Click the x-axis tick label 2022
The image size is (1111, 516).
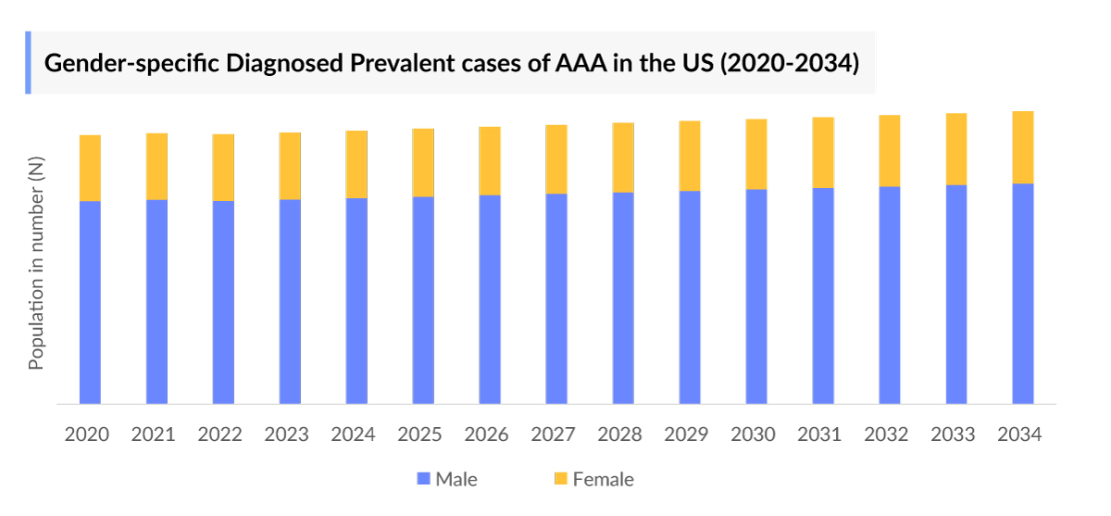[x=220, y=434]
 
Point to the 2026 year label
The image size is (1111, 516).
[x=487, y=434]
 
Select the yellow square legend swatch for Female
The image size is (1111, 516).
[x=560, y=480]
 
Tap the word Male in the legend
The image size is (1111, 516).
[x=456, y=480]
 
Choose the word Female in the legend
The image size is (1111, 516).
[x=603, y=480]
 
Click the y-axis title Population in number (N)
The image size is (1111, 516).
[x=36, y=264]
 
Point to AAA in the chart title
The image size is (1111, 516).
[x=581, y=64]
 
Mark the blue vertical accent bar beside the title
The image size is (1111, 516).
[x=28, y=62]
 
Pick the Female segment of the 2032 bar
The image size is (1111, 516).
[x=889, y=151]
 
